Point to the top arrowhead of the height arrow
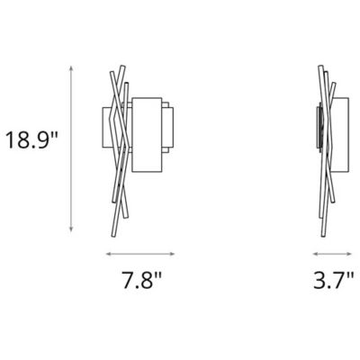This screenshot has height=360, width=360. point(69,67)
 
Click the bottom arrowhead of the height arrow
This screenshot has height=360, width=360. point(69,231)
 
